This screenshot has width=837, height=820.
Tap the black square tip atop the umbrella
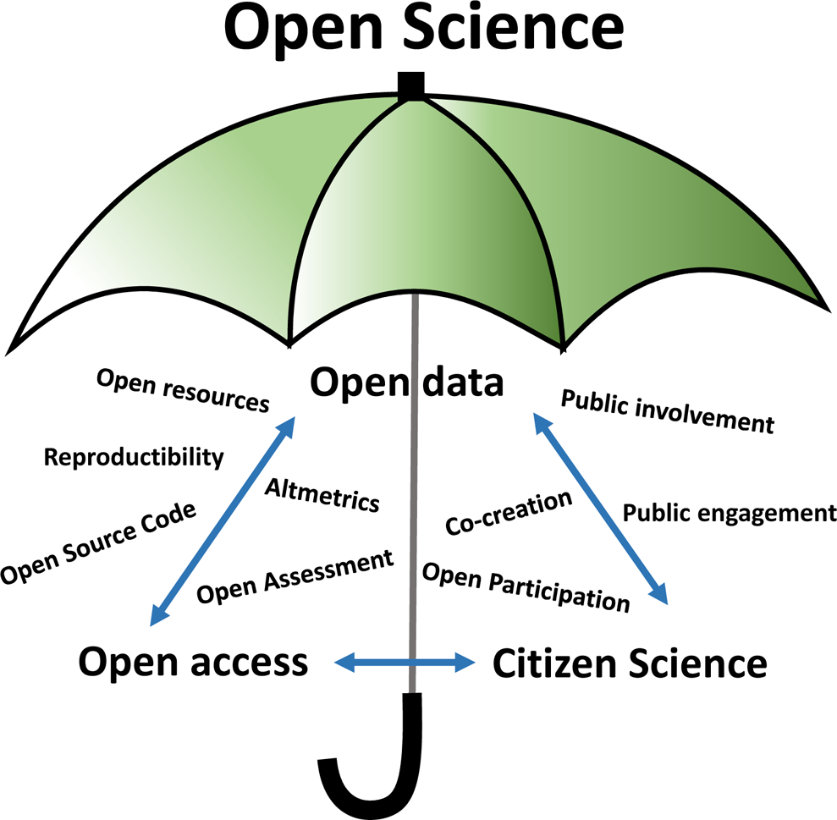411,85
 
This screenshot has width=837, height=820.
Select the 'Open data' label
406,383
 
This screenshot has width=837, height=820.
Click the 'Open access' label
193,662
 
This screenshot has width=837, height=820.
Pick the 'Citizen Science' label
630,663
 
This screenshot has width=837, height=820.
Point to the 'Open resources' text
183,390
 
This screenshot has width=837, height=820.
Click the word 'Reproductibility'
134,458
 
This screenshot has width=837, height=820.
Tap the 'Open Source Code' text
98,542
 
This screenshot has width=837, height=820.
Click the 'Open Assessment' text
295,577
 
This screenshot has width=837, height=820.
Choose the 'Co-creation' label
509,512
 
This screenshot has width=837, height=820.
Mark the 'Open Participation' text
526,586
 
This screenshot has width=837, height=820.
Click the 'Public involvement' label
667,410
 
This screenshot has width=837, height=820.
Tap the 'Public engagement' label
730,513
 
